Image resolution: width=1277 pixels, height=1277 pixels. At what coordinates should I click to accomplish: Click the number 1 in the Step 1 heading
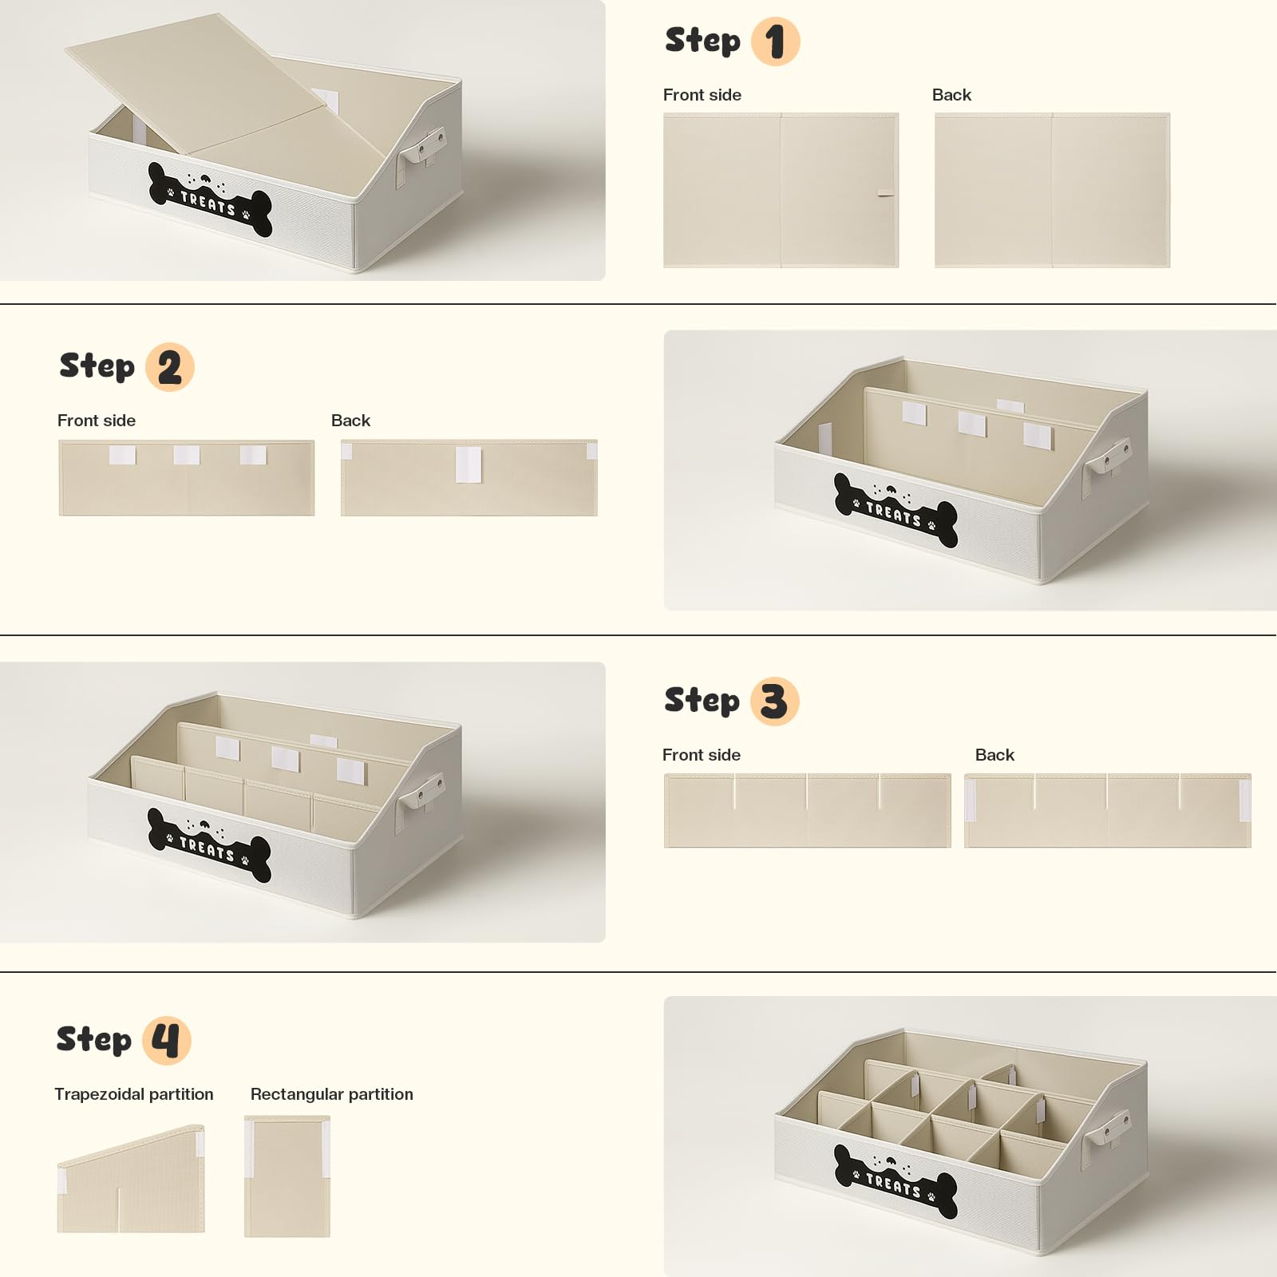775,42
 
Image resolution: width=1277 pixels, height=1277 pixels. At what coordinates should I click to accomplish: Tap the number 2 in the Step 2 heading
169,368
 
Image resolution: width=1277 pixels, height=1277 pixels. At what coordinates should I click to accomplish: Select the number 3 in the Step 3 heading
774,702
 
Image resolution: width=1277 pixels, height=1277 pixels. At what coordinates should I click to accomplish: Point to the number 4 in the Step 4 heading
166,1041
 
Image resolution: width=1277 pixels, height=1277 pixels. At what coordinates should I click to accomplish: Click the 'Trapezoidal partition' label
134,1094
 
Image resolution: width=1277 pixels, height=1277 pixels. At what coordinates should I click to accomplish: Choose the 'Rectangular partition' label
332,1094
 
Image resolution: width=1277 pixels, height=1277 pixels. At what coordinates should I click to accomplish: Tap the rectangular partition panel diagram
287,1176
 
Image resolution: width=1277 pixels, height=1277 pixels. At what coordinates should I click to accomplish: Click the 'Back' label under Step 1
951,95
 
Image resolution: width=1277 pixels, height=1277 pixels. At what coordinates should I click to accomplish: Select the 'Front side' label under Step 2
97,421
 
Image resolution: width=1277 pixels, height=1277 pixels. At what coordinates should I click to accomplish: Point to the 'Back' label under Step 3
994,755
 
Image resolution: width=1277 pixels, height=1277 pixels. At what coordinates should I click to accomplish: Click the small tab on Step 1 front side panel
885,193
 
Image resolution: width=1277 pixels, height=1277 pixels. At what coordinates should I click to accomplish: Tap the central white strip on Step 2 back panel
468,465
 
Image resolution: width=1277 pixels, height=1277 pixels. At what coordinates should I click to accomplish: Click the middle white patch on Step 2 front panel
187,455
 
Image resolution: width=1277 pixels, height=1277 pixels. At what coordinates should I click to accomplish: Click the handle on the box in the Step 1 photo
421,152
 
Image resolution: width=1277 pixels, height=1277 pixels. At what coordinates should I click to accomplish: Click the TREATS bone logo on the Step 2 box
895,511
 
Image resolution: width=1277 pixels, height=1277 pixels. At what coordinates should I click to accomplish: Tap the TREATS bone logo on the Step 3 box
209,845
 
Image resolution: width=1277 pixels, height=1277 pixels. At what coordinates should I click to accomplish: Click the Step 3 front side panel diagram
808,810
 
